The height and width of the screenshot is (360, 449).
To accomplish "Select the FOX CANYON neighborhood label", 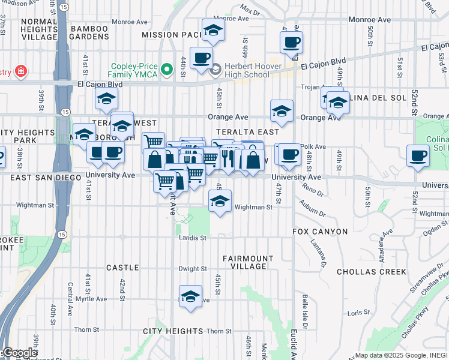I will (x=320, y=232).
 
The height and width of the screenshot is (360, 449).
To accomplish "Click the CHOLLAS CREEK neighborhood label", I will (x=371, y=272).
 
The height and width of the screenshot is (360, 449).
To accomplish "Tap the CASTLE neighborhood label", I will (x=122, y=267).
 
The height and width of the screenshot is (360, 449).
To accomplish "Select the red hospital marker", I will (x=21, y=72).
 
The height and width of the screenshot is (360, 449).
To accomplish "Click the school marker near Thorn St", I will (x=191, y=296).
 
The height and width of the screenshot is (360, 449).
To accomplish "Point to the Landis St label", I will (x=192, y=238).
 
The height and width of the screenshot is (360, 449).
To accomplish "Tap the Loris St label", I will (x=358, y=313).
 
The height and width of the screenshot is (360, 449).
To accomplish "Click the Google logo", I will (x=20, y=353).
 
